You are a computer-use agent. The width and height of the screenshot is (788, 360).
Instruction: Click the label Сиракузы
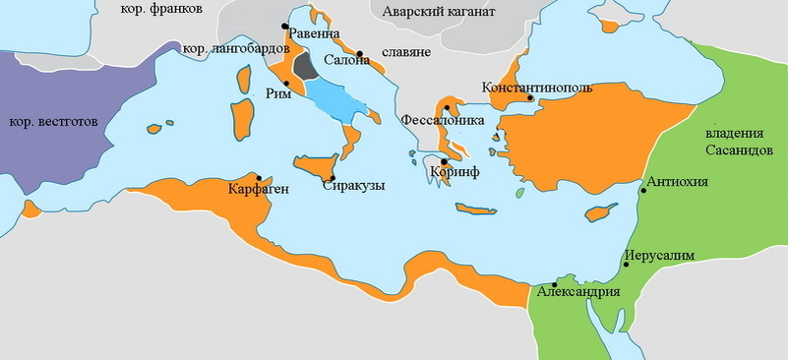tap(353, 184)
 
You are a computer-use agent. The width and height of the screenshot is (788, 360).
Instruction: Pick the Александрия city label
tap(578, 292)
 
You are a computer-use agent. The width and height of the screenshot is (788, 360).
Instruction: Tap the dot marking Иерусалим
tap(625, 266)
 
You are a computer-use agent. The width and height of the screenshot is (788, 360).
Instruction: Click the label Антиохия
tap(678, 181)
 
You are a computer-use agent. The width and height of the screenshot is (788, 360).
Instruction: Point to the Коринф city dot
tap(445, 161)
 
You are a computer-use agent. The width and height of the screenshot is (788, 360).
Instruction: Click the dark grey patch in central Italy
tap(306, 67)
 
